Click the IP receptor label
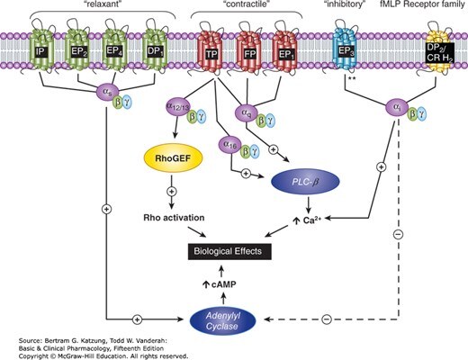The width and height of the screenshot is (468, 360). [41, 52]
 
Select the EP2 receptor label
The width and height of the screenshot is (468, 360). [78, 52]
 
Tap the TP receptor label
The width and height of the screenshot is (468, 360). [211, 54]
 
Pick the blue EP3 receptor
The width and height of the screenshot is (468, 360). [345, 47]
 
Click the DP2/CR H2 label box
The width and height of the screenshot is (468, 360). [440, 53]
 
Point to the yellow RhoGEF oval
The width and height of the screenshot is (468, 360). [173, 158]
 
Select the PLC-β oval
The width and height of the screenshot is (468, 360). [305, 182]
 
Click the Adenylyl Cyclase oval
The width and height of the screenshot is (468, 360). [222, 321]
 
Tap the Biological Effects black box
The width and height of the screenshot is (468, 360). [229, 251]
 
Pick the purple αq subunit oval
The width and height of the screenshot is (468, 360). [247, 112]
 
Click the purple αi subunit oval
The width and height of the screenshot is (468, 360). [396, 108]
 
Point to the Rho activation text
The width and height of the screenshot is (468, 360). [174, 218]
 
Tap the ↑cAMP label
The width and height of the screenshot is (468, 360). [220, 284]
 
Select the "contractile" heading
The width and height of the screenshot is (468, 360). [247, 5]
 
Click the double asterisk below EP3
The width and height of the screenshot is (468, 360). [352, 79]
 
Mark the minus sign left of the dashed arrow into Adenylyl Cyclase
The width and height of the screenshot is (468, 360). [327, 319]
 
